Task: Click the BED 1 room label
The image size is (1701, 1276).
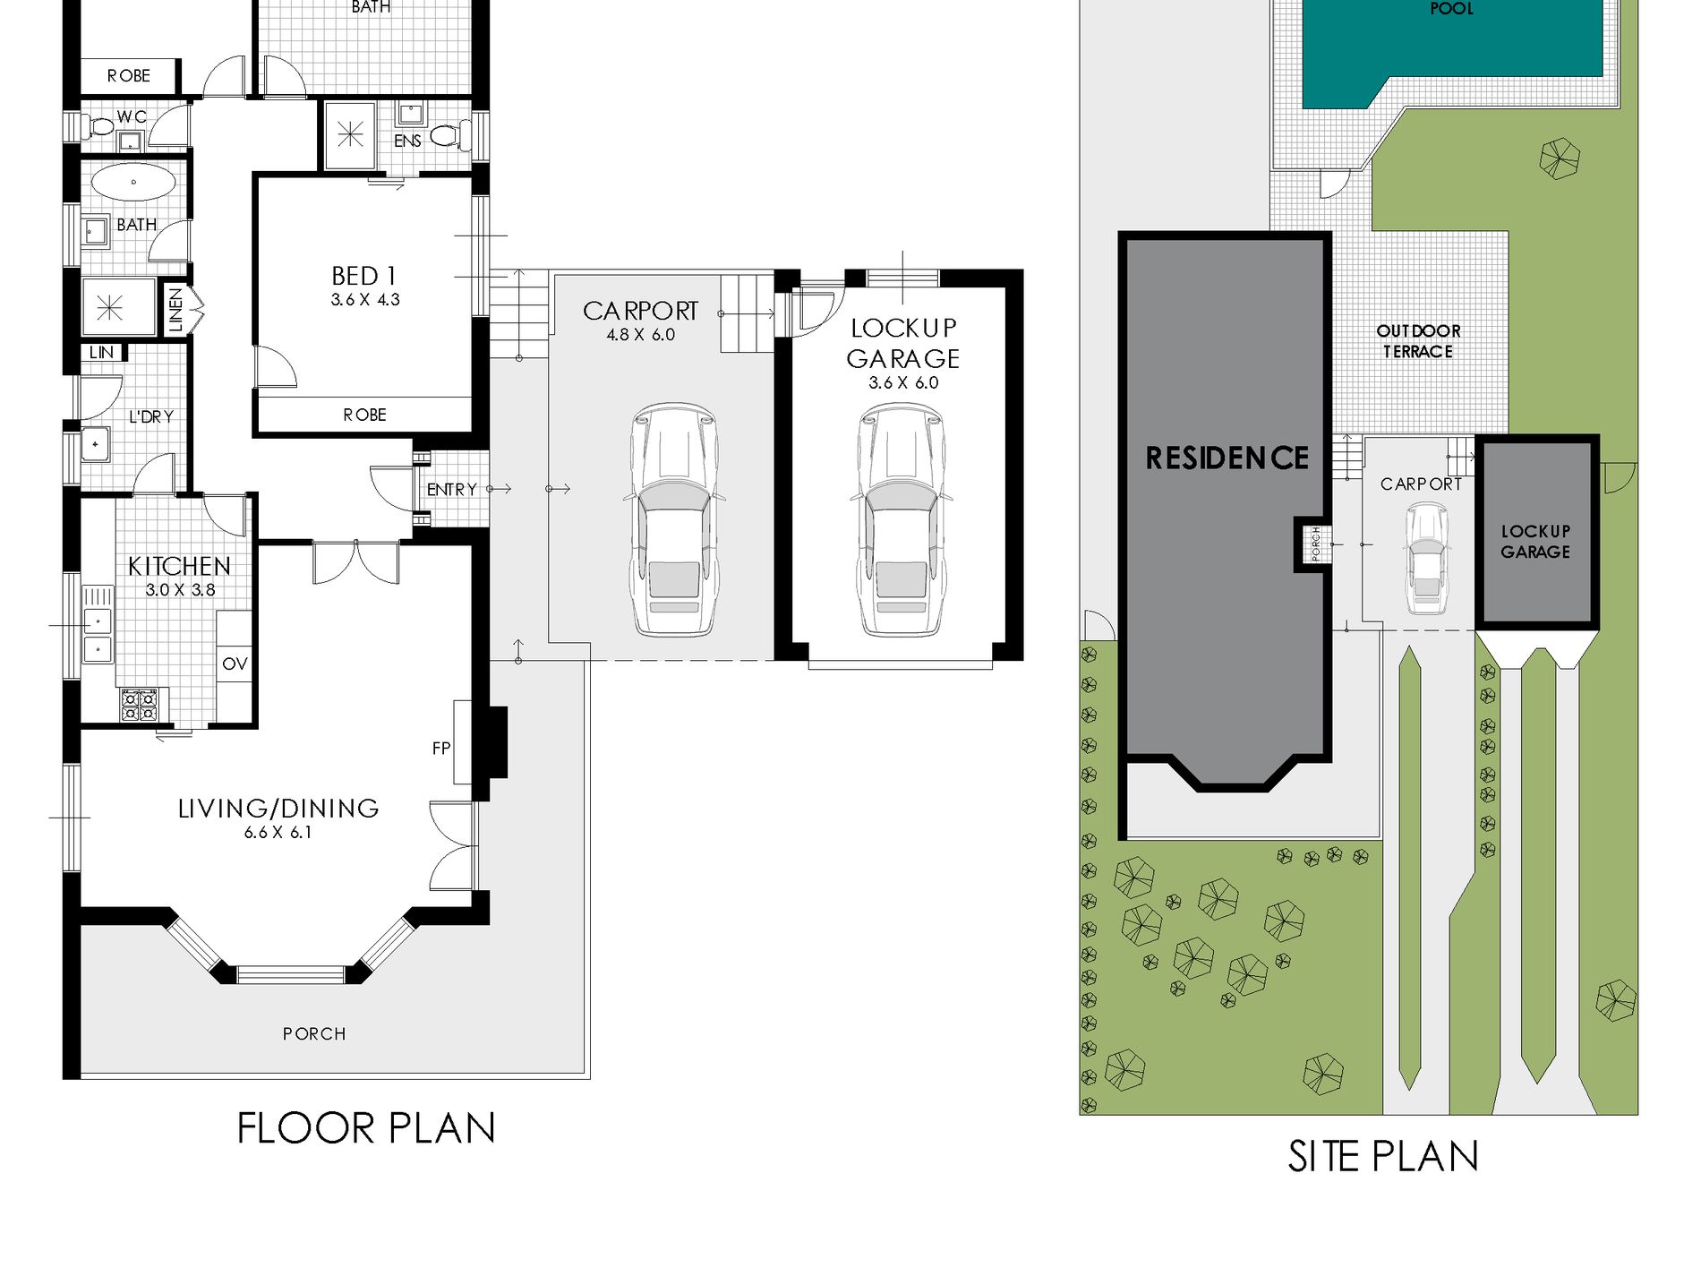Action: (x=363, y=276)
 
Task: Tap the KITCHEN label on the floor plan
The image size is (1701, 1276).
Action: (x=179, y=566)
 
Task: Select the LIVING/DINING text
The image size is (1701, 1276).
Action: (x=278, y=809)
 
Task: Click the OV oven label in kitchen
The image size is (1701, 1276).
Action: (x=235, y=664)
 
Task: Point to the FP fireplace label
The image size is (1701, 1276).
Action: (x=441, y=748)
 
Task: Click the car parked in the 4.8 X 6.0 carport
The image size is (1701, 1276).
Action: (x=673, y=519)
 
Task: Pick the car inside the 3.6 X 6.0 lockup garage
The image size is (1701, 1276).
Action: (x=902, y=519)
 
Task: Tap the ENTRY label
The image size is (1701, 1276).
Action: (x=451, y=490)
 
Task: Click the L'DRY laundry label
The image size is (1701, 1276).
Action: (x=151, y=416)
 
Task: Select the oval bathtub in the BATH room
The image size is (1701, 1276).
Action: (x=133, y=183)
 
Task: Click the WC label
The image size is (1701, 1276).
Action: (x=132, y=117)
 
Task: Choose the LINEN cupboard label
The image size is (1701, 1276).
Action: (x=175, y=310)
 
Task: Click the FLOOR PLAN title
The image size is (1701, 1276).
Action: (x=366, y=1127)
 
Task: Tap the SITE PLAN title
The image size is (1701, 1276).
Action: (x=1383, y=1156)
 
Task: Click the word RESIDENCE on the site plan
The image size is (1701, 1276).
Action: (x=1227, y=458)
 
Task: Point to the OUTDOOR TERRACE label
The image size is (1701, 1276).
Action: (x=1418, y=341)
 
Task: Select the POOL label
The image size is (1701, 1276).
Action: (x=1452, y=9)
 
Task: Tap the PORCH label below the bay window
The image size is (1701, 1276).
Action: (x=314, y=1034)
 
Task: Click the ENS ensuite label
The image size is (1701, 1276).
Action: (x=407, y=141)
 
